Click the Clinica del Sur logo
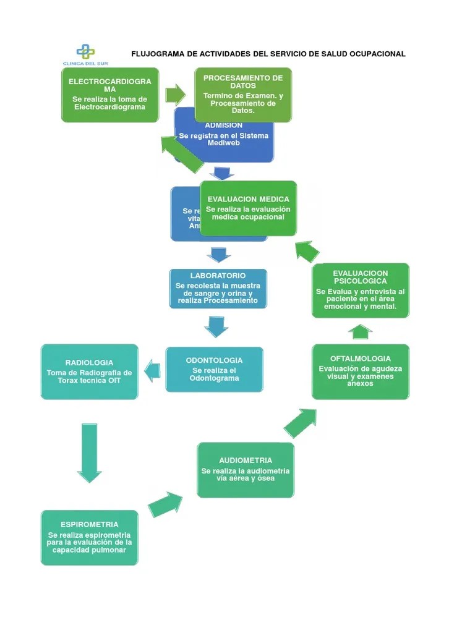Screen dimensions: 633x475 click(85, 53)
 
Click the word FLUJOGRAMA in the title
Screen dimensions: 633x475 click(158, 54)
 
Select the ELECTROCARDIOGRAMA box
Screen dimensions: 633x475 click(110, 95)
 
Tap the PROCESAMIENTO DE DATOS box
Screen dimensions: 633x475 click(243, 95)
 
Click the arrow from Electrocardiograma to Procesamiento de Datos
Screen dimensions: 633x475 click(176, 95)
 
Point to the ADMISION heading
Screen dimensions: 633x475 click(223, 125)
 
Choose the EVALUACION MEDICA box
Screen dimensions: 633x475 click(248, 208)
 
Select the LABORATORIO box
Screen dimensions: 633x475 click(218, 288)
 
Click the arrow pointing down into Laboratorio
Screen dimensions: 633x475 click(219, 254)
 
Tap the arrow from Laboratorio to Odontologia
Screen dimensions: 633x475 click(216, 326)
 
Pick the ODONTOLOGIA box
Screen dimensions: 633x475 click(214, 369)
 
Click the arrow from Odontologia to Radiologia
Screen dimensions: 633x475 click(152, 370)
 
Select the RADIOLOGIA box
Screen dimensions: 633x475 click(89, 372)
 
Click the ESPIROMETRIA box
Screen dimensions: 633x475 click(89, 537)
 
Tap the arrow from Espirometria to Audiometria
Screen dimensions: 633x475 click(166, 504)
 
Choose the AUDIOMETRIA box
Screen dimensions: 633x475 click(246, 470)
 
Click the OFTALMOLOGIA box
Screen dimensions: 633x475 click(360, 371)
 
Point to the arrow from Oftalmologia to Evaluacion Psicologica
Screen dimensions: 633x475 click(361, 331)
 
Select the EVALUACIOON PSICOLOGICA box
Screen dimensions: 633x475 click(360, 291)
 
